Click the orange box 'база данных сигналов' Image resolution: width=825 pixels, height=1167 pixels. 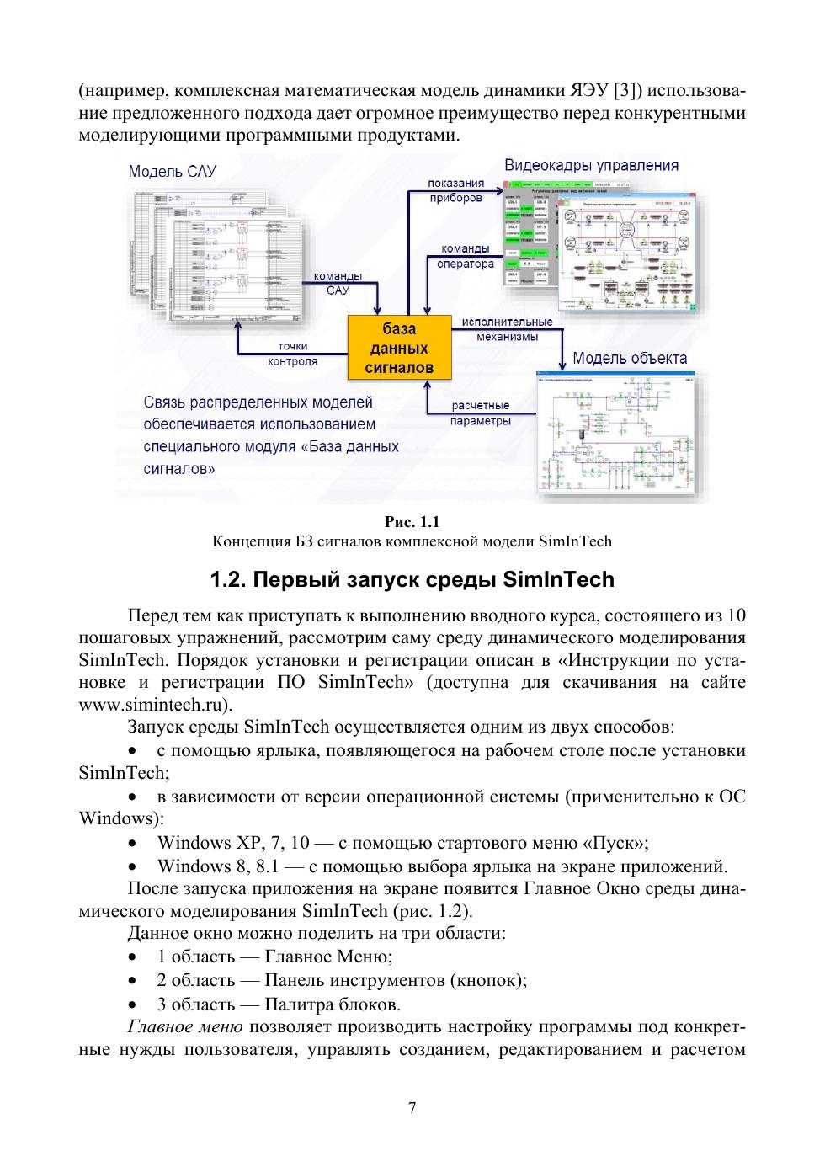[399, 348]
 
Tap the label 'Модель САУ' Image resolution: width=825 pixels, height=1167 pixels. [172, 172]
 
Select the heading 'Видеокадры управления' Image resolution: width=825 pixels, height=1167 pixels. [591, 165]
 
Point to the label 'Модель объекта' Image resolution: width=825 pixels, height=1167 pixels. [629, 358]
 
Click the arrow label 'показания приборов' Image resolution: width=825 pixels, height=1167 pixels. [455, 190]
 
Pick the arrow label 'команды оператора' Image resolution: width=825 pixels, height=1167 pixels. [466, 256]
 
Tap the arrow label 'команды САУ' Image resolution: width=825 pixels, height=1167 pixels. [338, 283]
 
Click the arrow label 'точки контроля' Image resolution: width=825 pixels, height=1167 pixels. [292, 354]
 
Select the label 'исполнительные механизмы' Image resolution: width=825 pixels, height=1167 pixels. [507, 329]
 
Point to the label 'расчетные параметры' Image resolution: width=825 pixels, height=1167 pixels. [480, 413]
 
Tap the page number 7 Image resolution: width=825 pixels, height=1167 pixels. [412, 1108]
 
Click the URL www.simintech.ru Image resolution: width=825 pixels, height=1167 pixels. [153, 704]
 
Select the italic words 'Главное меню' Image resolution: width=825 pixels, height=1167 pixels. [184, 1027]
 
